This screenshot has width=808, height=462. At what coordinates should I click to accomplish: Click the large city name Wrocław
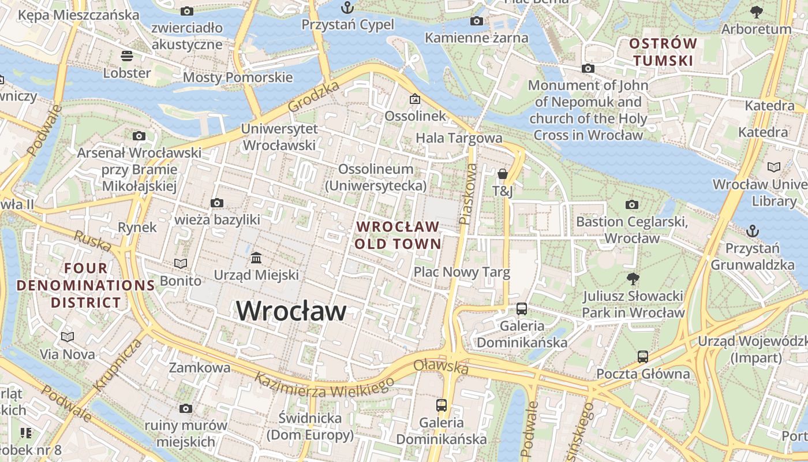pyautogui.click(x=291, y=311)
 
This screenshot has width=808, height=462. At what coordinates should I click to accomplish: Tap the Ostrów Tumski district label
pyautogui.click(x=663, y=52)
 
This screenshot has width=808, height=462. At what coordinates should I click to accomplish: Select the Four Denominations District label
pyautogui.click(x=86, y=285)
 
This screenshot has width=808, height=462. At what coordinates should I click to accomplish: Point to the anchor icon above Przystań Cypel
pyautogui.click(x=347, y=8)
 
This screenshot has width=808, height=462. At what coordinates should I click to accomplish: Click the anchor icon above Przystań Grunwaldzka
pyautogui.click(x=752, y=231)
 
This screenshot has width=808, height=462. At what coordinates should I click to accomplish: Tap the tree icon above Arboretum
pyautogui.click(x=756, y=12)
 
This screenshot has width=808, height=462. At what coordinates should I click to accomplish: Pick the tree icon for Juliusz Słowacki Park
pyautogui.click(x=633, y=279)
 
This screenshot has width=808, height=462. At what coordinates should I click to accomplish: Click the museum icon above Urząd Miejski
pyautogui.click(x=256, y=257)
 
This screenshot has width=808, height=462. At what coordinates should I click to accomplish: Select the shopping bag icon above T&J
pyautogui.click(x=502, y=173)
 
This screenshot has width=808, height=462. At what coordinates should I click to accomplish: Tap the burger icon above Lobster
pyautogui.click(x=127, y=55)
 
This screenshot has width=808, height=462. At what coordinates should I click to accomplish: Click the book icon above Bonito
pyautogui.click(x=181, y=263)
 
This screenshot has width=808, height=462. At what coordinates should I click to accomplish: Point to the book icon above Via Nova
pyautogui.click(x=68, y=336)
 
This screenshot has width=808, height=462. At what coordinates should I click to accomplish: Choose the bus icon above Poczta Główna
pyautogui.click(x=643, y=356)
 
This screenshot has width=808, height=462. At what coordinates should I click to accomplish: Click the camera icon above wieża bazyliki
pyautogui.click(x=217, y=203)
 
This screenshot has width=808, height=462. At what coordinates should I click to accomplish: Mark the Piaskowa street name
pyautogui.click(x=469, y=193)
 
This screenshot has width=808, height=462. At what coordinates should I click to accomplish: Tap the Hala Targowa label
pyautogui.click(x=459, y=138)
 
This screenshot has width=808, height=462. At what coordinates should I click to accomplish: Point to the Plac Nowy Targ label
pyautogui.click(x=462, y=273)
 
